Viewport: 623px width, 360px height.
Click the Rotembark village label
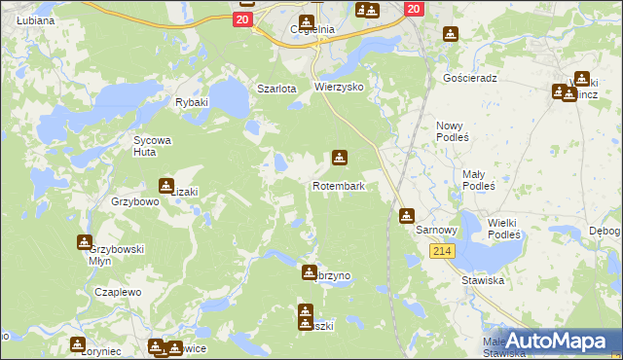(338, 186)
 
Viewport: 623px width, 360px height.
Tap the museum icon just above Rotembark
(339, 157)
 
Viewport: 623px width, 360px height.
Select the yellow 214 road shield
(442, 251)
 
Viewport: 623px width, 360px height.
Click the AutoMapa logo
(555, 342)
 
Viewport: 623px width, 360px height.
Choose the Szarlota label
(275, 89)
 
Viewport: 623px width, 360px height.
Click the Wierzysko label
(338, 87)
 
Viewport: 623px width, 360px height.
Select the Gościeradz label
(469, 78)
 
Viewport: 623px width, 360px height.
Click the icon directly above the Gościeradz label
(450, 35)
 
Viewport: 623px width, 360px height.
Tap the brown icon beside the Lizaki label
(166, 186)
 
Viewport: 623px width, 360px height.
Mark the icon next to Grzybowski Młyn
(85, 241)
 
